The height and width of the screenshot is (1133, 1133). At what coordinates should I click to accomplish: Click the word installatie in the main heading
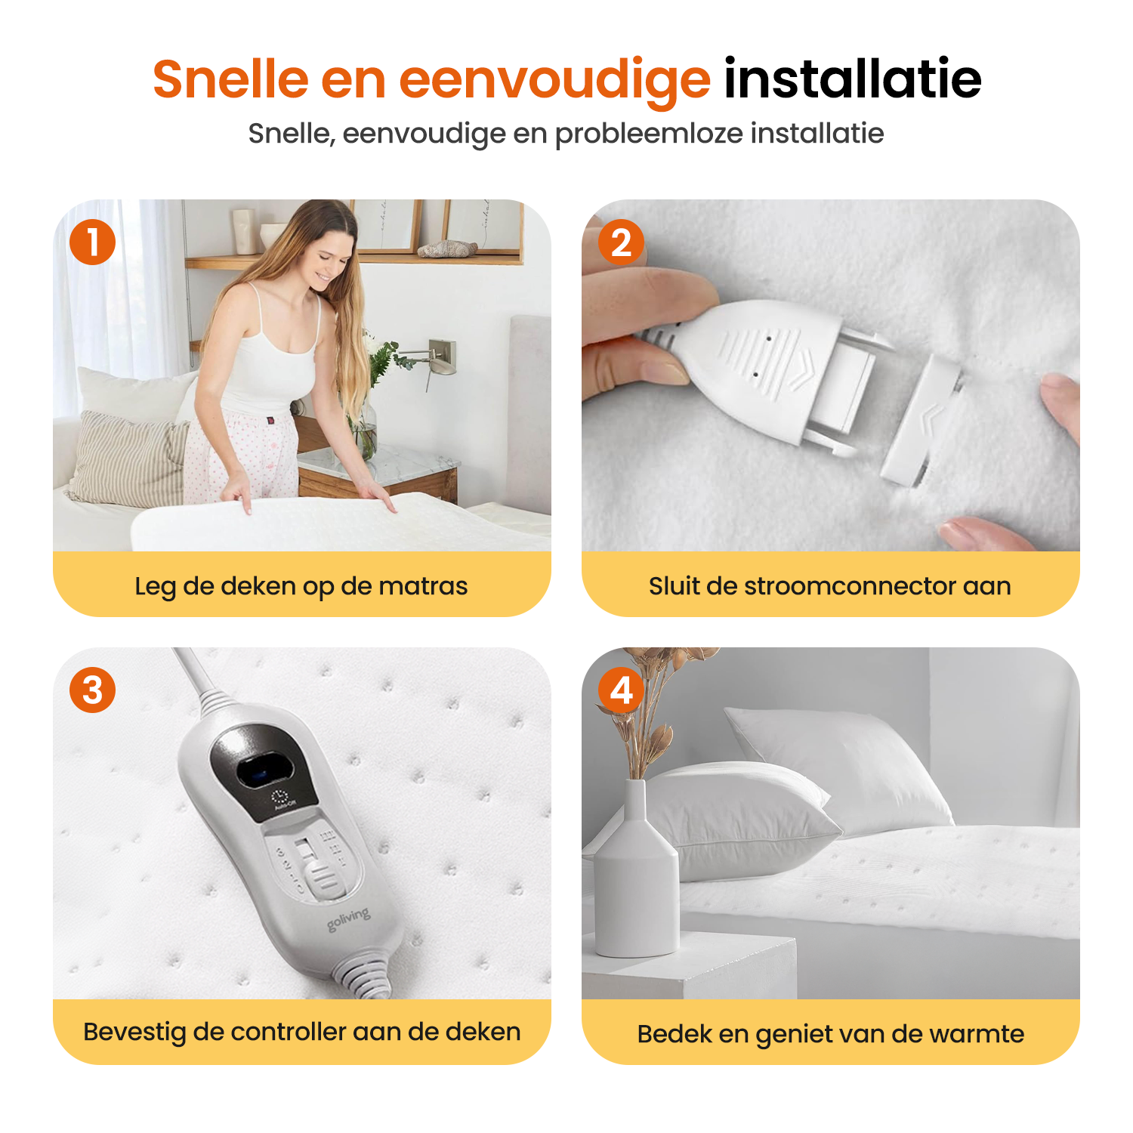click(x=853, y=79)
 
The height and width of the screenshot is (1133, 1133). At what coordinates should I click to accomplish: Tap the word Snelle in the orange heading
click(x=231, y=79)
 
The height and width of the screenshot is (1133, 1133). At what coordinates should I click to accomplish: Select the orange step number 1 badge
click(x=92, y=242)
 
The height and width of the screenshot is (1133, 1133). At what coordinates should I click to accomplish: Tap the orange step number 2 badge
click(x=621, y=242)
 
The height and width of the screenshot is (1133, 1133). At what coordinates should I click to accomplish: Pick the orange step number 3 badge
click(x=92, y=690)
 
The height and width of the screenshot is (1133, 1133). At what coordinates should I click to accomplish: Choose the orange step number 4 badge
click(x=621, y=690)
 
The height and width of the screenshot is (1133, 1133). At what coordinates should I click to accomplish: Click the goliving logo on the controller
click(x=349, y=919)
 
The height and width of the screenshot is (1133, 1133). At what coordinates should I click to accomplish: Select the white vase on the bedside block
click(x=637, y=869)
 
